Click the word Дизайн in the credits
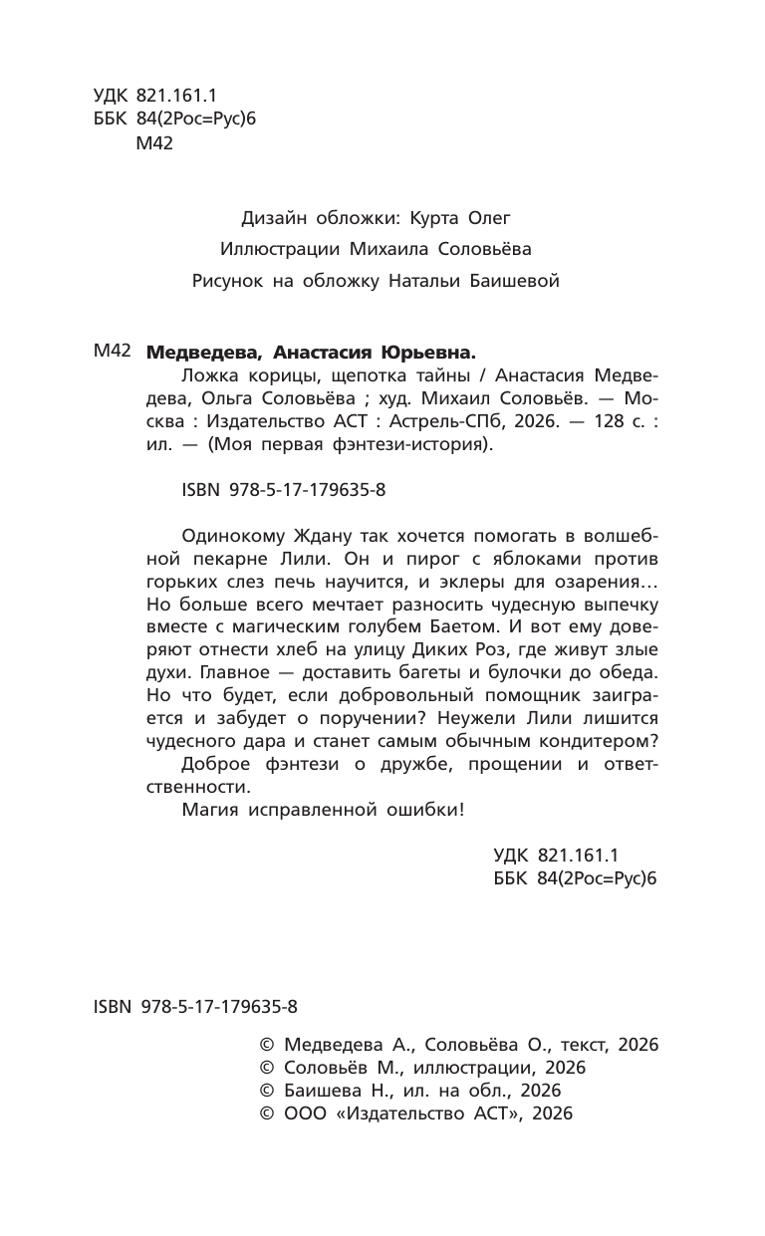[273, 216]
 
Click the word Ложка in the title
[209, 375]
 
